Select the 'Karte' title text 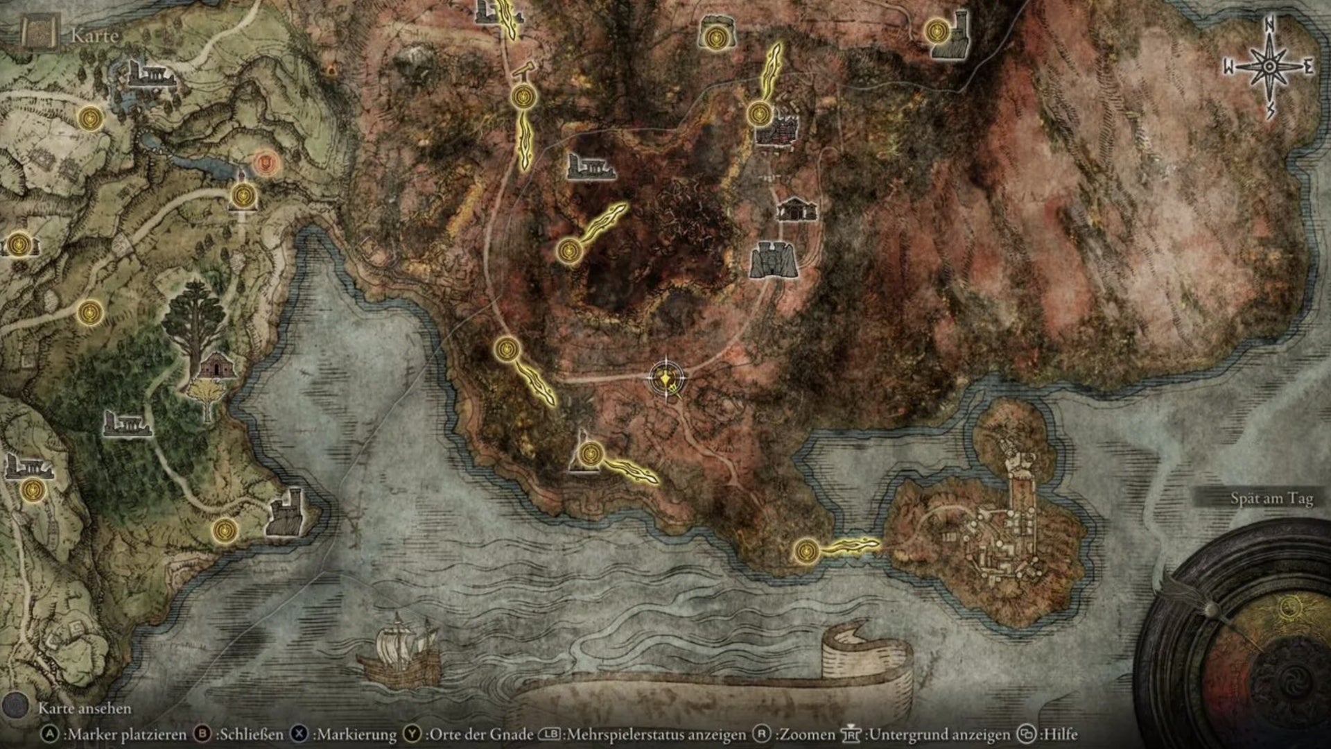pyautogui.click(x=95, y=35)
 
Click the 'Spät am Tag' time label pyautogui.click(x=1271, y=498)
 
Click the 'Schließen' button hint pyautogui.click(x=242, y=734)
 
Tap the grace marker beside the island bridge pyautogui.click(x=805, y=551)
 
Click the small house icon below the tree pyautogui.click(x=216, y=365)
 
